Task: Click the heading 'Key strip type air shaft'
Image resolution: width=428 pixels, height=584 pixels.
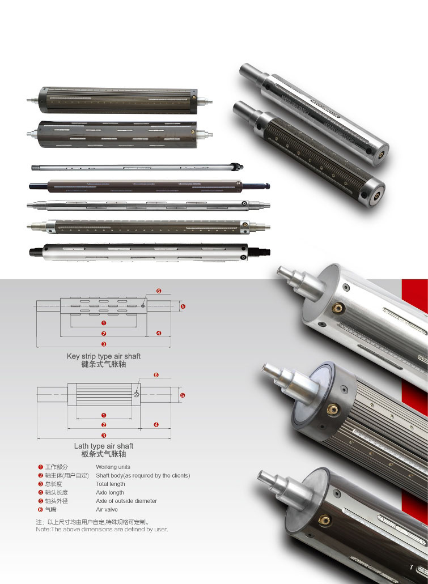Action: click(x=104, y=356)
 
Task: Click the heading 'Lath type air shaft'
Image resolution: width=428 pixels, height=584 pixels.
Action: click(x=104, y=446)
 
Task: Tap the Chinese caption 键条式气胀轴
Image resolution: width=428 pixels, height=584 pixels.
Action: click(x=104, y=364)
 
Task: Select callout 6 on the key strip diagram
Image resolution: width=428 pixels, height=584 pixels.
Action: click(x=159, y=291)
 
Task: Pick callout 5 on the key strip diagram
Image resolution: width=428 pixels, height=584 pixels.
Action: click(x=183, y=306)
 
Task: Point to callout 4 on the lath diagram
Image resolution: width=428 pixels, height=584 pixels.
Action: click(x=156, y=425)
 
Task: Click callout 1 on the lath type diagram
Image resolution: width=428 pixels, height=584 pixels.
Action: click(x=104, y=415)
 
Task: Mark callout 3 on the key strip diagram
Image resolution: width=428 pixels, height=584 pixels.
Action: click(x=104, y=344)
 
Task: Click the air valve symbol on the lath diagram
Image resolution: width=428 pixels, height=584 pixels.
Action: click(x=136, y=394)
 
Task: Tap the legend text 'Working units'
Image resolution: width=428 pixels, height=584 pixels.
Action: click(x=113, y=467)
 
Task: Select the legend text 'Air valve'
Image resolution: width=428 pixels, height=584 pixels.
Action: click(x=107, y=509)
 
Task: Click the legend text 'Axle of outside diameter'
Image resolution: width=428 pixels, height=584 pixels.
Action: click(x=126, y=501)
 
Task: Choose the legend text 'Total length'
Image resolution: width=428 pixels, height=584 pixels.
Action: click(x=111, y=484)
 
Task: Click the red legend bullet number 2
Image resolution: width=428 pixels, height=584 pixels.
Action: click(x=41, y=476)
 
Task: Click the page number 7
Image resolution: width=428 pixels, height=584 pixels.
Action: click(x=411, y=567)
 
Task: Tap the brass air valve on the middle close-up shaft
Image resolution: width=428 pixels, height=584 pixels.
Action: click(x=333, y=410)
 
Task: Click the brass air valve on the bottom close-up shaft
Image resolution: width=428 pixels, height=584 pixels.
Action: click(x=324, y=520)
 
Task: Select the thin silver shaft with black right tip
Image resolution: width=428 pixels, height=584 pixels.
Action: click(x=137, y=168)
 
